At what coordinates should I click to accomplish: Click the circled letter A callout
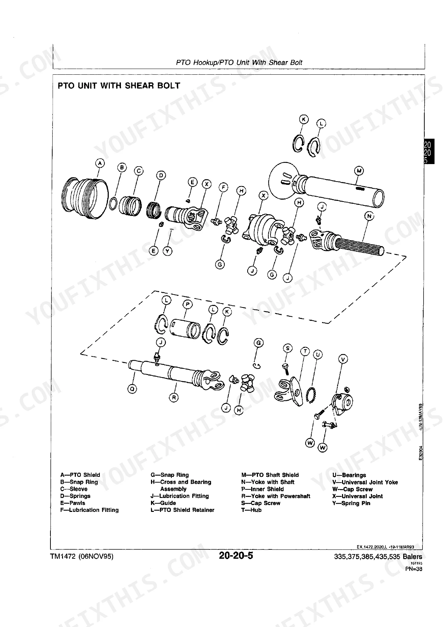(100, 163)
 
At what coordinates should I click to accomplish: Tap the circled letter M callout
(359, 171)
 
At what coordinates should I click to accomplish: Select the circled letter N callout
(369, 216)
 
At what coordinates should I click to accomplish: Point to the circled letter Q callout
(132, 390)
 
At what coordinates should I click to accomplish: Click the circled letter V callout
(343, 359)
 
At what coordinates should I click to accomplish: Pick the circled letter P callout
(187, 305)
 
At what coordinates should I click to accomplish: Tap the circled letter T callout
(305, 351)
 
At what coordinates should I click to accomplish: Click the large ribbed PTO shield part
(85, 198)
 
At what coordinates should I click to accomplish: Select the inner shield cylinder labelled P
(185, 329)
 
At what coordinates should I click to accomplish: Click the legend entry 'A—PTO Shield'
(80, 475)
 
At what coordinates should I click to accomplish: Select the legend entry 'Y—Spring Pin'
(351, 503)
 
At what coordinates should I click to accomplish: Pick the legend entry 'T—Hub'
(252, 510)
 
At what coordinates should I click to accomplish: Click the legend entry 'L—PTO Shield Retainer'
(182, 510)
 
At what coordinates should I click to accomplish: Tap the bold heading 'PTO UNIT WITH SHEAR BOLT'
(119, 86)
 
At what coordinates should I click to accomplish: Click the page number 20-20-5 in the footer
(236, 556)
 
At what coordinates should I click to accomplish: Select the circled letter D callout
(161, 175)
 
